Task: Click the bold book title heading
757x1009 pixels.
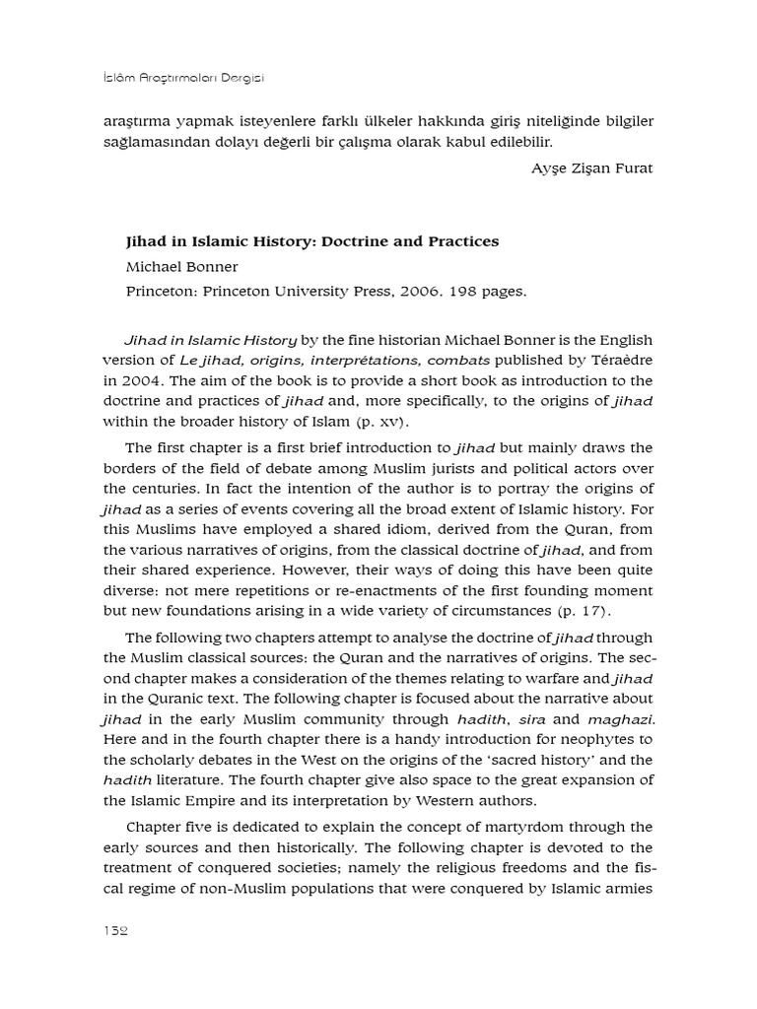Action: coord(312,240)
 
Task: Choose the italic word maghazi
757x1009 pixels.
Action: coord(621,719)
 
